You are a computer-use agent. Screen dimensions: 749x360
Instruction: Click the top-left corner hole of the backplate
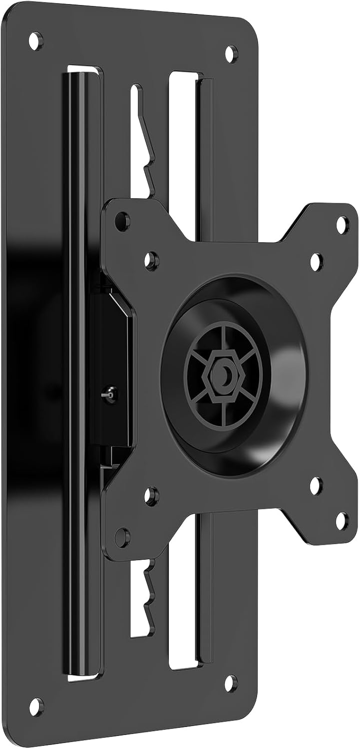pyautogui.click(x=35, y=41)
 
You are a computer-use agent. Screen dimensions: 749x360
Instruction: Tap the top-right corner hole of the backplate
pyautogui.click(x=231, y=53)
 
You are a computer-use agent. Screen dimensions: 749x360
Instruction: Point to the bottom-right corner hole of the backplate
pyautogui.click(x=231, y=683)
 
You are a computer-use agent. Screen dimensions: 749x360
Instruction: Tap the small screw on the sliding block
pyautogui.click(x=110, y=393)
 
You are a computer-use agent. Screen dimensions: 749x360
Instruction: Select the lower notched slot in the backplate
pyautogui.click(x=141, y=597)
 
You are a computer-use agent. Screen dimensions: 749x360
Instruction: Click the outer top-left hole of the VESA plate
pyautogui.click(x=122, y=221)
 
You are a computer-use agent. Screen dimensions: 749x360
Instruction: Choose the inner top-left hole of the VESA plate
pyautogui.click(x=151, y=260)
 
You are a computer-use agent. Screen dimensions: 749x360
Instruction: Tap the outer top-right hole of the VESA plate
pyautogui.click(x=342, y=225)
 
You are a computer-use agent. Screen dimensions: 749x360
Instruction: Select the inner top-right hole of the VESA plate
pyautogui.click(x=316, y=262)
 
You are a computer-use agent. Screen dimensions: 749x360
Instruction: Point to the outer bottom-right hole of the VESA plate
pyautogui.click(x=342, y=521)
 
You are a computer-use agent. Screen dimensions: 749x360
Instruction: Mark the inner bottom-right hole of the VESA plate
pyautogui.click(x=316, y=485)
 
